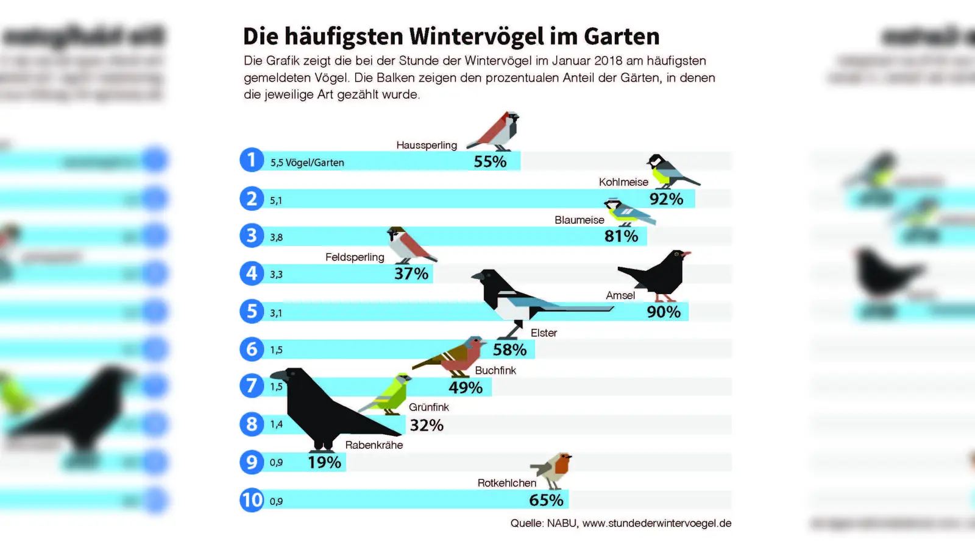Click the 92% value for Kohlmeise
click(666, 199)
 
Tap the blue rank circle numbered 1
click(252, 160)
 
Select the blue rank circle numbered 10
click(252, 500)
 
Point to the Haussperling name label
click(427, 145)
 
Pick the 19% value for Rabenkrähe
click(324, 462)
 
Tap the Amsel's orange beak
click(687, 253)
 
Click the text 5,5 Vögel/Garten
click(307, 163)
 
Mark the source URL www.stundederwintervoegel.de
click(656, 523)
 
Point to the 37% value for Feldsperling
click(411, 274)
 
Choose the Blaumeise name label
click(579, 220)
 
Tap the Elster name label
click(544, 333)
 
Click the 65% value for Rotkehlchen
click(546, 500)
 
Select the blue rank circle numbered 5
click(252, 311)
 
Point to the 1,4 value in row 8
click(276, 424)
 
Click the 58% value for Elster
click(509, 350)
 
